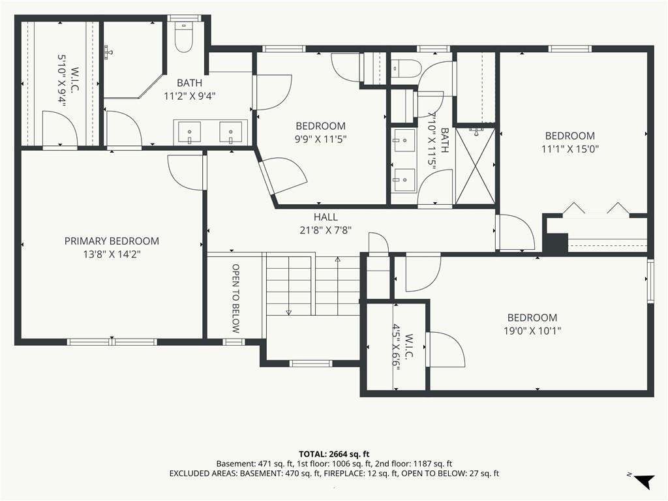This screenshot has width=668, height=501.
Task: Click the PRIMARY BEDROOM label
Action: (x=112, y=241)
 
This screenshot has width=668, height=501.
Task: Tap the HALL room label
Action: (x=326, y=217)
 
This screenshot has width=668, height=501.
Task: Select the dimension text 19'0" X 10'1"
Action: (x=532, y=331)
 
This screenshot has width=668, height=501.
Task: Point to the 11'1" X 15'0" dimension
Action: (x=570, y=149)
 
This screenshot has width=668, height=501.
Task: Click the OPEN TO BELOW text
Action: (x=235, y=298)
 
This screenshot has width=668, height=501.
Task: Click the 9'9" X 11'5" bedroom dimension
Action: (x=320, y=140)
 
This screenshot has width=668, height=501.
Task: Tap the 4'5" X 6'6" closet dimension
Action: (x=397, y=345)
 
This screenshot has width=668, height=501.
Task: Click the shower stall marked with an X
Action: (x=476, y=166)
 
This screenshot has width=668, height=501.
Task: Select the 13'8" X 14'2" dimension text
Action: (x=112, y=255)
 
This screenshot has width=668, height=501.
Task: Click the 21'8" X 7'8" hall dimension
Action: (x=326, y=230)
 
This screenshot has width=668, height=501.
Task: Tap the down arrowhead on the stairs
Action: (x=289, y=312)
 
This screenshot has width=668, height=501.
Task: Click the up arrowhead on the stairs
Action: (x=338, y=260)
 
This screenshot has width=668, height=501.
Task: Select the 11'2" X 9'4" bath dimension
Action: (x=190, y=97)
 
